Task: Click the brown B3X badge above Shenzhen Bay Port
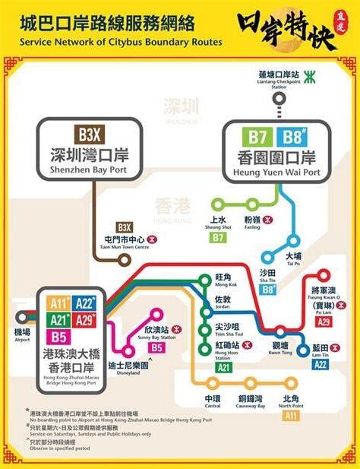click(x=83, y=135)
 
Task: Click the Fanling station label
click(x=253, y=223)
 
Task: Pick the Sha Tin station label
click(x=268, y=275)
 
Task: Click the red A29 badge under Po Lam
click(x=324, y=322)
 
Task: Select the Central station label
click(x=212, y=401)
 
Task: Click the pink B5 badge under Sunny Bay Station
click(x=156, y=347)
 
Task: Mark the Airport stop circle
click(x=21, y=318)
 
